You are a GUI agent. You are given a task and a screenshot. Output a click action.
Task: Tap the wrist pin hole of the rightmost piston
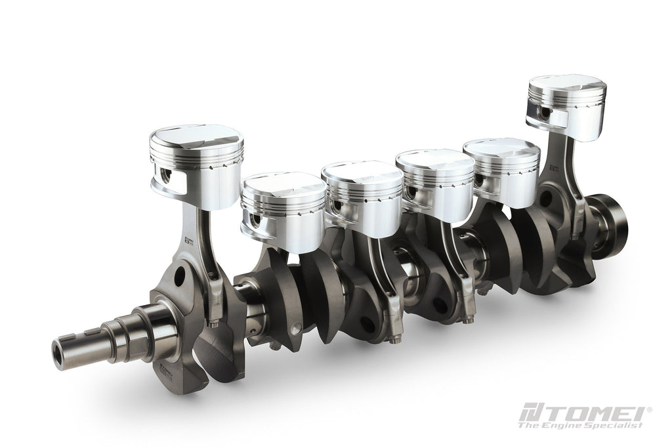tap(542, 113)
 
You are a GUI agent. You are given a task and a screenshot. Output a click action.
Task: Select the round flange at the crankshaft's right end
tap(614, 223)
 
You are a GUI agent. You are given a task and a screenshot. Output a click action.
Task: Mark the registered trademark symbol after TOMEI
tap(650, 409)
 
